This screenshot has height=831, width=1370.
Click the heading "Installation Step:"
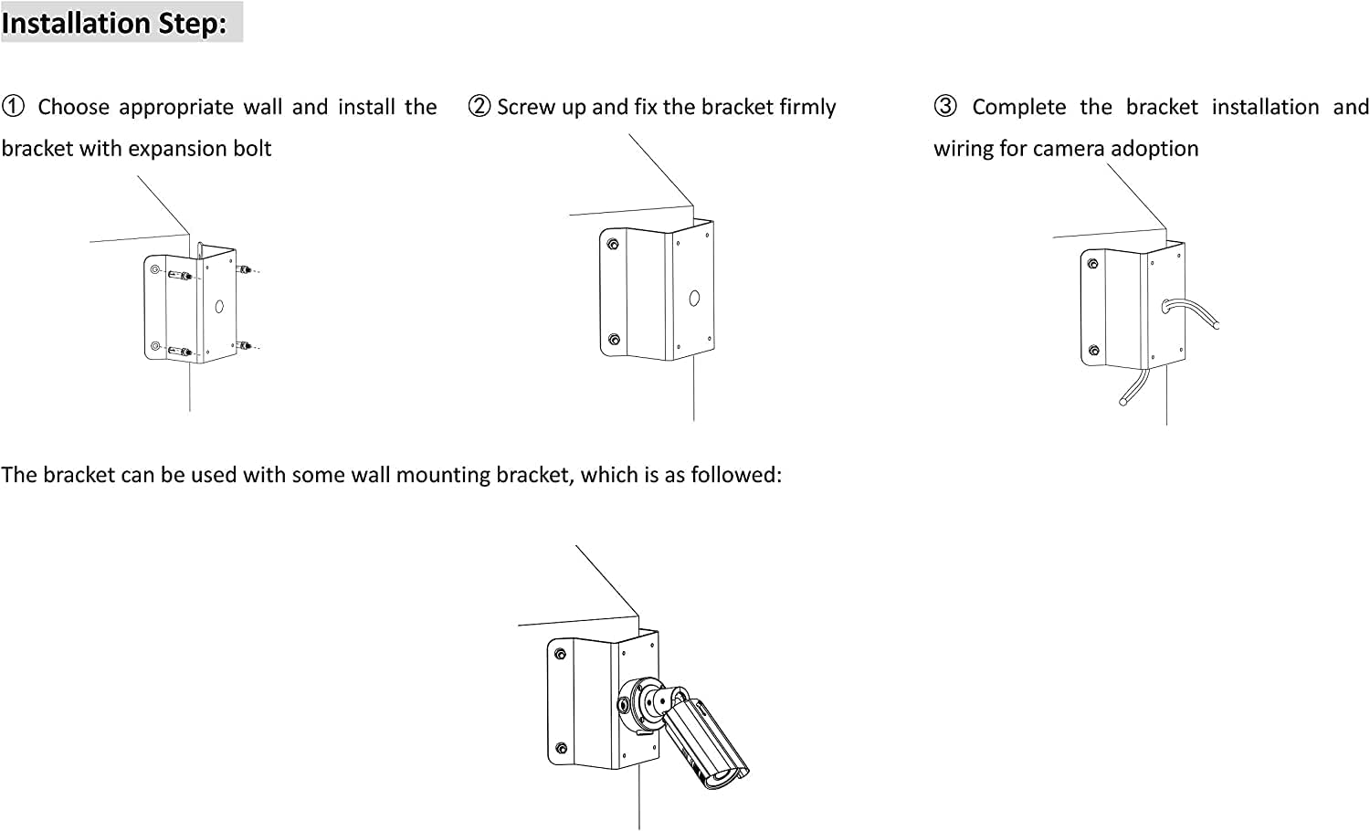[x=114, y=23]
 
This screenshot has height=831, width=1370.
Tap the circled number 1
[x=13, y=107]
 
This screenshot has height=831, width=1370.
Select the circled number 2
[x=479, y=107]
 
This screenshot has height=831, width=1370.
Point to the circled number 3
[x=945, y=107]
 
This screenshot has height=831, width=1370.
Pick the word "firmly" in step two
[x=807, y=107]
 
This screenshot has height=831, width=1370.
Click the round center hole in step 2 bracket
[x=694, y=298]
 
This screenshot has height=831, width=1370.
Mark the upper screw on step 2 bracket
[x=613, y=244]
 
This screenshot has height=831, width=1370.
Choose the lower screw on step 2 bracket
[x=614, y=340]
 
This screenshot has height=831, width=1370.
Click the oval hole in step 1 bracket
[x=219, y=307]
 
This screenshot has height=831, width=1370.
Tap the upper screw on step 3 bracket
[x=1093, y=265]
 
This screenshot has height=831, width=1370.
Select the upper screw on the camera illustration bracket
[x=560, y=654]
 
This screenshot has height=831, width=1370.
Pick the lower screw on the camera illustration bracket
[x=561, y=747]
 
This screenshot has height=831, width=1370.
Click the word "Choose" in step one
[x=73, y=107]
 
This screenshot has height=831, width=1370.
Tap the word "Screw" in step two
[x=525, y=107]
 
